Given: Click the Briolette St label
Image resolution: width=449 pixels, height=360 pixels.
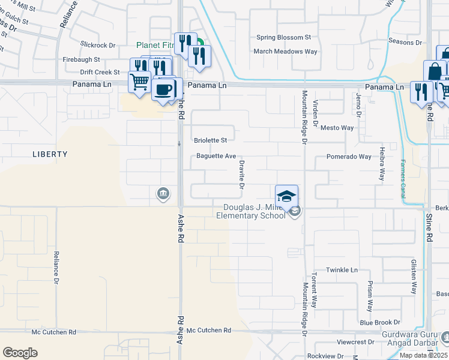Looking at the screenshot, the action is click(x=210, y=140).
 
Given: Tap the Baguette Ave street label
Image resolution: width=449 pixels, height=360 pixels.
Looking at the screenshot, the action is click(x=216, y=156).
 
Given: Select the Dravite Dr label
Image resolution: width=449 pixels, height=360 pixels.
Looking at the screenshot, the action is click(x=241, y=175).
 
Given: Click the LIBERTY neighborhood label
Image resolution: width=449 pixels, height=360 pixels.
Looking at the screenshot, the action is click(x=49, y=154).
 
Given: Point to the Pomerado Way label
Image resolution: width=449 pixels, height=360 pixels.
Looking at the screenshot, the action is click(x=349, y=157).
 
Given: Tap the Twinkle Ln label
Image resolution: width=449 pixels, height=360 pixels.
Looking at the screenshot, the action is click(x=342, y=270).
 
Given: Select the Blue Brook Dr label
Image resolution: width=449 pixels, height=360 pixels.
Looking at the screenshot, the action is click(x=379, y=322).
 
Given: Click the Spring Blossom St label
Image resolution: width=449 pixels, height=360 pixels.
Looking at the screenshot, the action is click(x=283, y=37).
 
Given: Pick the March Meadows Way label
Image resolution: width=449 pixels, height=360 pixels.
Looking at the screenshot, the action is click(x=285, y=52).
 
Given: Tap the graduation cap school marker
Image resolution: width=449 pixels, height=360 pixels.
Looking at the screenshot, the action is click(x=286, y=196).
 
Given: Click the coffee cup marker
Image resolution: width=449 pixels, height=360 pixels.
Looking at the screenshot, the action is click(x=163, y=90).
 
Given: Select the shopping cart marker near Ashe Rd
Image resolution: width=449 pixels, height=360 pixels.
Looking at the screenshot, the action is click(x=139, y=81).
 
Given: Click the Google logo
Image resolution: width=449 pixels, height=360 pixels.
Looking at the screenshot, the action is click(x=20, y=353).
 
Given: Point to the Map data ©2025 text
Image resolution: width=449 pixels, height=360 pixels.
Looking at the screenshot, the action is click(x=423, y=355).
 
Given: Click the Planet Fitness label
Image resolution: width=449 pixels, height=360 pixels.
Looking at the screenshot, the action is click(x=155, y=45).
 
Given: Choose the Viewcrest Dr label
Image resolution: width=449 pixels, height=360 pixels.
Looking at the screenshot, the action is click(x=355, y=342).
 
